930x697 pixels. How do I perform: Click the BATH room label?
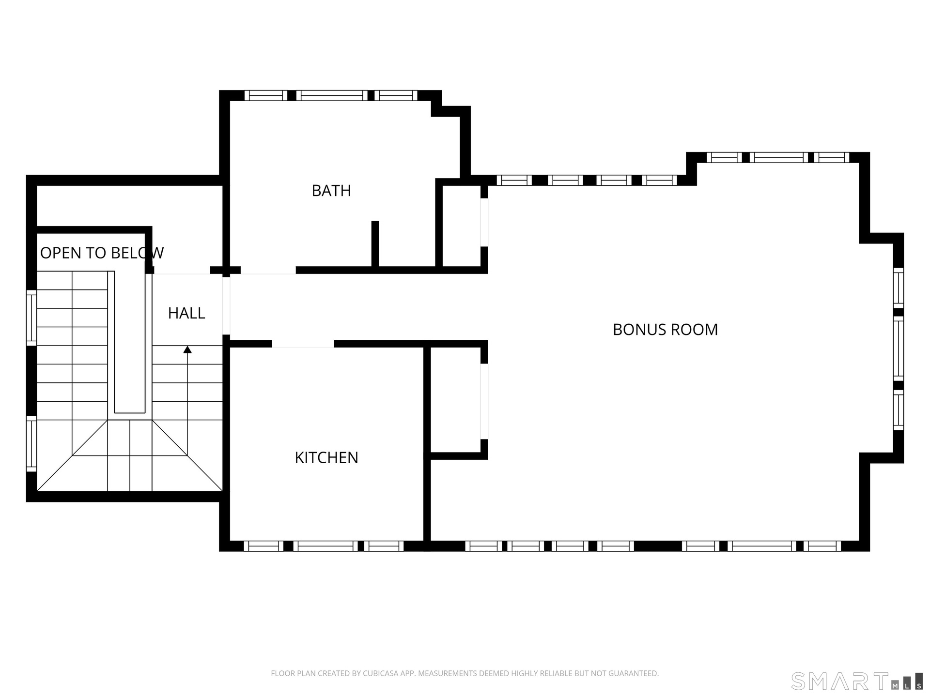pos(331,191)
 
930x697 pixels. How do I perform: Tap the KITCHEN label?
pos(326,457)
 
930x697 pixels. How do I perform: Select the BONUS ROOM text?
pos(665,330)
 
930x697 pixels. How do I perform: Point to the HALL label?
pos(186,313)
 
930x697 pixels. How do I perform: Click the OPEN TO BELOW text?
pos(102,253)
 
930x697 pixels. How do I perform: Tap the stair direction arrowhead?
pos(187,349)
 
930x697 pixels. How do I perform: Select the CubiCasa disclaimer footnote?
pos(465,673)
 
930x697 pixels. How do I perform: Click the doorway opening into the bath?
pos(268,270)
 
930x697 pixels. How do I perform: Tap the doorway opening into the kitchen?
pos(303,344)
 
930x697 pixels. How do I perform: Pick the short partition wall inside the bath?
pos(375,244)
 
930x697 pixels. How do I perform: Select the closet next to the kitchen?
pos(455,400)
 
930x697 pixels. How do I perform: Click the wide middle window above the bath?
pos(332,95)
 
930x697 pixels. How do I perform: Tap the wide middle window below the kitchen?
pos(325,546)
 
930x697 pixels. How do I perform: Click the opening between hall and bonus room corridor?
pos(226,305)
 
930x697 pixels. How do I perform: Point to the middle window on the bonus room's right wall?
pos(899,348)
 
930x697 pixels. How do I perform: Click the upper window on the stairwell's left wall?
pos(31,318)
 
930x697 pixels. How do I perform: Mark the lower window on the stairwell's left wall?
pos(31,443)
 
